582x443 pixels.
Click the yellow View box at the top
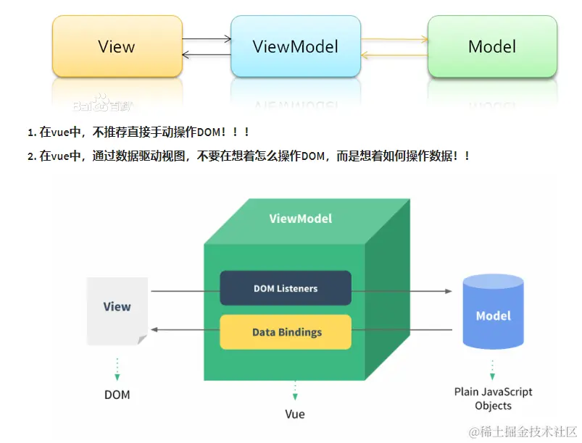pyautogui.click(x=116, y=47)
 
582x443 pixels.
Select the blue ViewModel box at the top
pyautogui.click(x=296, y=47)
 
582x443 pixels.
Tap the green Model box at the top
pyautogui.click(x=492, y=47)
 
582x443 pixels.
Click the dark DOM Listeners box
pyautogui.click(x=286, y=288)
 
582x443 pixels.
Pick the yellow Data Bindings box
pyautogui.click(x=286, y=332)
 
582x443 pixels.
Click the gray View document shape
pyautogui.click(x=117, y=310)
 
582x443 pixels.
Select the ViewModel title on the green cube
pyautogui.click(x=301, y=218)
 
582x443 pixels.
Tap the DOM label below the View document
pyautogui.click(x=117, y=395)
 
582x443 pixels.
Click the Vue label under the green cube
pyautogui.click(x=295, y=414)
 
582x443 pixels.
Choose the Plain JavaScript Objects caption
pyautogui.click(x=493, y=398)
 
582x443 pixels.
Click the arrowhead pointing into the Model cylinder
pyautogui.click(x=448, y=291)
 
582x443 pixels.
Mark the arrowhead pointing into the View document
pyautogui.click(x=154, y=330)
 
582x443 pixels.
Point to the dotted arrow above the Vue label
pyautogui.click(x=295, y=391)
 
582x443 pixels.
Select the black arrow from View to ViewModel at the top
pyautogui.click(x=206, y=38)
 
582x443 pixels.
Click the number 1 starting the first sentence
pyautogui.click(x=31, y=133)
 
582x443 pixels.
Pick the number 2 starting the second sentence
pyautogui.click(x=31, y=156)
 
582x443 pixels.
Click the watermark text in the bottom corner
pyautogui.click(x=523, y=431)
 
